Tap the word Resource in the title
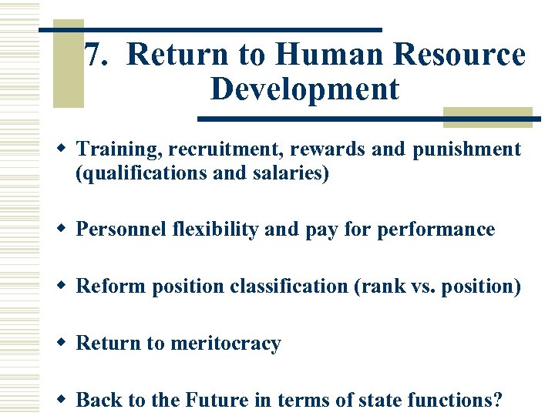pyautogui.click(x=459, y=55)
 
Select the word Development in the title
pyautogui.click(x=304, y=89)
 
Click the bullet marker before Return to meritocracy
pyautogui.click(x=64, y=344)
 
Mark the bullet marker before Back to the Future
pyautogui.click(x=64, y=400)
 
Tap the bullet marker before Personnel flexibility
pyautogui.click(x=64, y=230)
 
